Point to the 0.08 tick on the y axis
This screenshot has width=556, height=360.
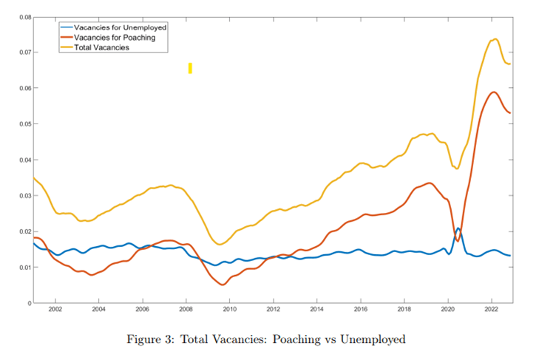(x=24, y=16)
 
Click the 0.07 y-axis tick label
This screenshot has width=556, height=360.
(x=24, y=52)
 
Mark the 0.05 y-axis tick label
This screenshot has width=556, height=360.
(x=24, y=123)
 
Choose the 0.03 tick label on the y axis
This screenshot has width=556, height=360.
(x=24, y=195)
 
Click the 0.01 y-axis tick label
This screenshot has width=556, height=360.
(x=24, y=267)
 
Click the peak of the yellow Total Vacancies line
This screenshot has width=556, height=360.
(x=495, y=39)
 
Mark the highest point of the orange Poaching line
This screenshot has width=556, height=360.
(x=493, y=92)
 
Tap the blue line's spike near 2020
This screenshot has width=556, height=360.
(x=458, y=228)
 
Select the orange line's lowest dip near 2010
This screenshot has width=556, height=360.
(x=223, y=285)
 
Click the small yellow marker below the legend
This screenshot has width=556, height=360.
(x=190, y=68)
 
